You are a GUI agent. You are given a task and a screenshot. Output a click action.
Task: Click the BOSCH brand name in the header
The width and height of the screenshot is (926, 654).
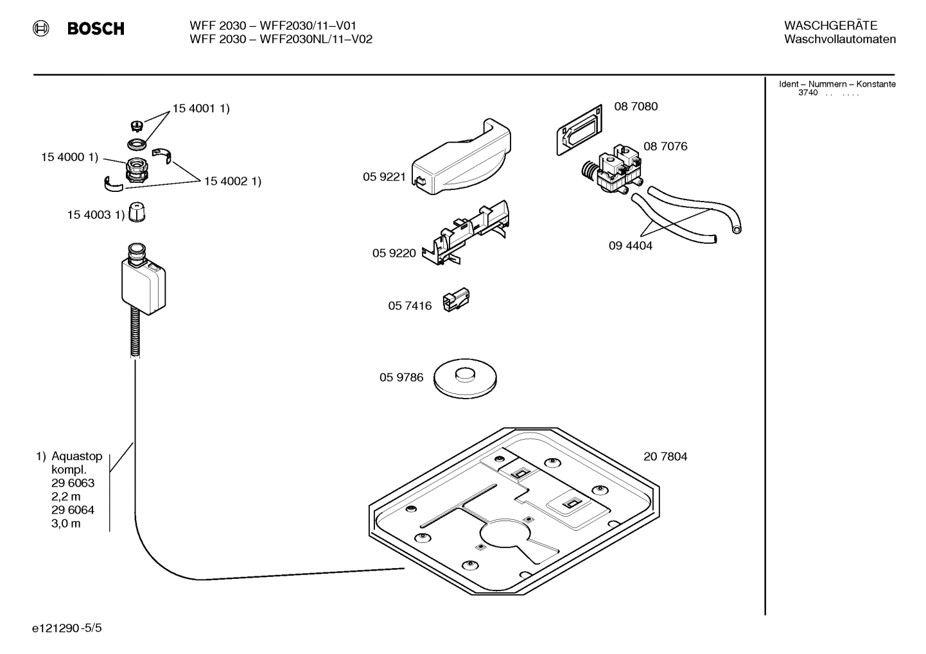click(96, 29)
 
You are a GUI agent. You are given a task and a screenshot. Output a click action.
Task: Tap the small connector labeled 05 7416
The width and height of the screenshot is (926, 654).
click(456, 300)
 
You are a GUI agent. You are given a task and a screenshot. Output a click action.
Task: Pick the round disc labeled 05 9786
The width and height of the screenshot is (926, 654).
click(466, 377)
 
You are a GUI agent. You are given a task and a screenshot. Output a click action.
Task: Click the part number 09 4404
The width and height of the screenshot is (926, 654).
click(630, 246)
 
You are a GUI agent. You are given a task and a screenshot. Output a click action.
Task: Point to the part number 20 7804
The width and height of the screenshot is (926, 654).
click(665, 457)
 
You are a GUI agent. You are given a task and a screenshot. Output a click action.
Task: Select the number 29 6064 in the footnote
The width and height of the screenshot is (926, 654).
click(73, 510)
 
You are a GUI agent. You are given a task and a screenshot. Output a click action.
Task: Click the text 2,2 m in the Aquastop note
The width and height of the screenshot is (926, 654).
click(66, 497)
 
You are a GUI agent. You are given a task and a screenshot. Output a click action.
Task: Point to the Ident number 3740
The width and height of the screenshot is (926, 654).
click(808, 93)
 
